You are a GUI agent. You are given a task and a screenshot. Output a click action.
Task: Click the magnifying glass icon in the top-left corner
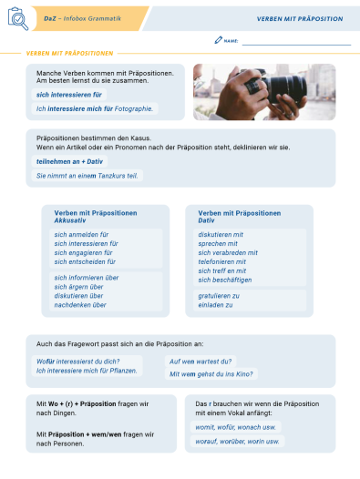(x=15, y=19)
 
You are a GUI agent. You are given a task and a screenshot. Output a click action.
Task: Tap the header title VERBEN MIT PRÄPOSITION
(x=300, y=18)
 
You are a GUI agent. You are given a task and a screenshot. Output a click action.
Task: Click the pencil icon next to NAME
(x=218, y=40)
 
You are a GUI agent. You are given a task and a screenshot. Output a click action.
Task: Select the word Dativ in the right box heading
(x=207, y=220)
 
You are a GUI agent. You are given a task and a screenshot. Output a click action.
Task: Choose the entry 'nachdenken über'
(x=80, y=305)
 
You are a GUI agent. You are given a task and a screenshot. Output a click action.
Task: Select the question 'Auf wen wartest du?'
(x=201, y=361)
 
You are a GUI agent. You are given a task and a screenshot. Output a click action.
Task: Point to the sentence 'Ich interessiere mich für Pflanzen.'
(x=87, y=371)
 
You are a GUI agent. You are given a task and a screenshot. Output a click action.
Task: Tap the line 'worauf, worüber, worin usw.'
(x=238, y=441)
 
